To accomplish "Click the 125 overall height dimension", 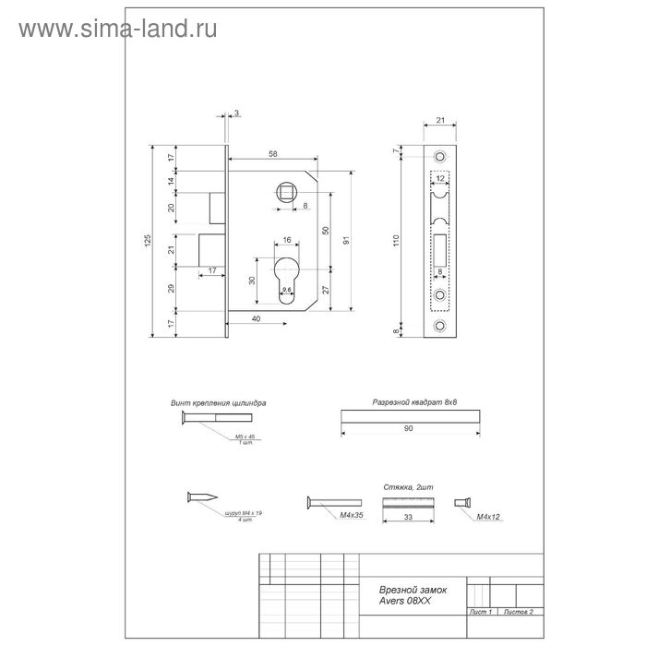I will point(150,241).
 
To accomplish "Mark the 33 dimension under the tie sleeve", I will point(409,519).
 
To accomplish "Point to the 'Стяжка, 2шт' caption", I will point(407,485).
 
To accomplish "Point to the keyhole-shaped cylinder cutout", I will point(285,281).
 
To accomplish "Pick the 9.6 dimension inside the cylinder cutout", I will point(286,290).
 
